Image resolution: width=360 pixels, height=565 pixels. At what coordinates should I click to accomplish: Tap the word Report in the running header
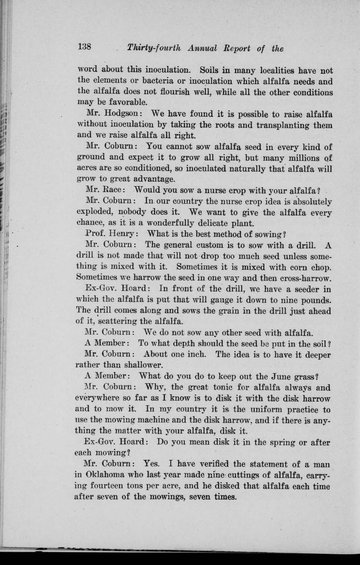pyautogui.click(x=236, y=48)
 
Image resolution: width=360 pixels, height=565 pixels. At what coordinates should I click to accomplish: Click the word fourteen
pyautogui.click(x=109, y=487)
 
